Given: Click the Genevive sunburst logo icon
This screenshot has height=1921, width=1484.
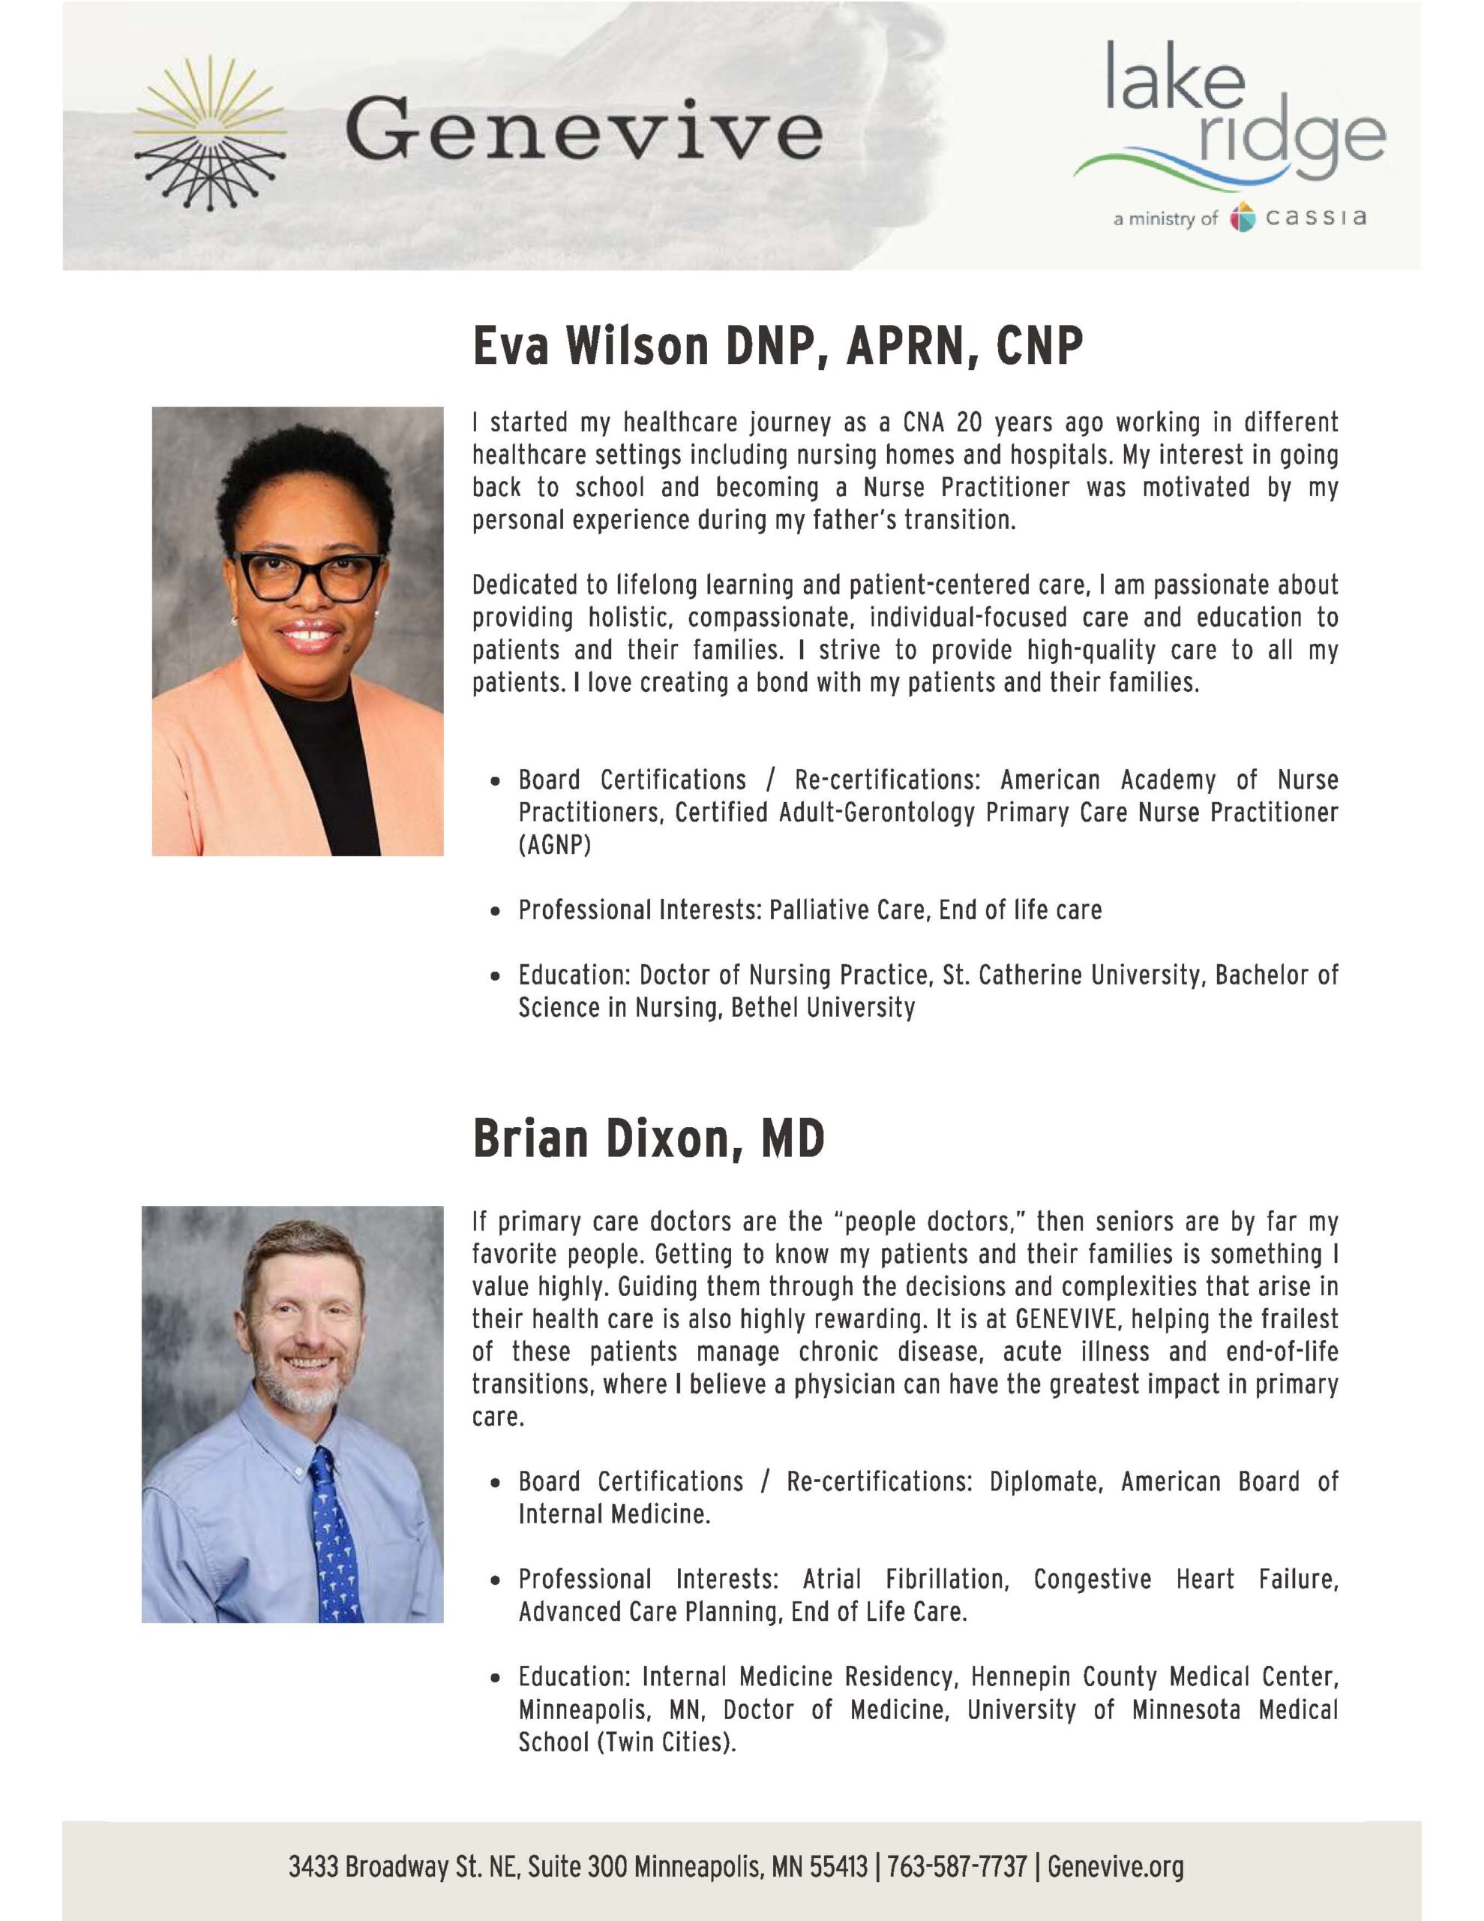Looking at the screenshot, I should pyautogui.click(x=210, y=133).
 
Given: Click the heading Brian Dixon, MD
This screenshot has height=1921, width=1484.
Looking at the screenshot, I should pyautogui.click(x=648, y=1139).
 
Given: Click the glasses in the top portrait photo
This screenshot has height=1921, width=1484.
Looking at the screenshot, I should pyautogui.click(x=307, y=576).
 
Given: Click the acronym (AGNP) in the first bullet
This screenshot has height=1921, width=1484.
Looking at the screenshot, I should pyautogui.click(x=555, y=845).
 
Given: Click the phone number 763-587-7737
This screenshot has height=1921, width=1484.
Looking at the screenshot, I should pyautogui.click(x=957, y=1865).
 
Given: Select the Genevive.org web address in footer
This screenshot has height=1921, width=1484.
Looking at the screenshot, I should pyautogui.click(x=1116, y=1865).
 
